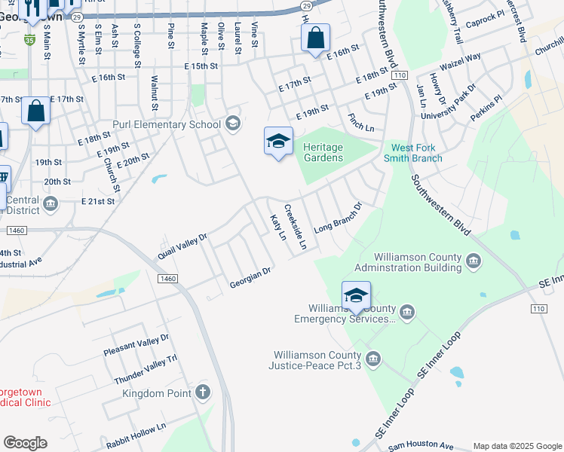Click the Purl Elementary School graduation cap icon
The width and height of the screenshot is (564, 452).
point(232,124)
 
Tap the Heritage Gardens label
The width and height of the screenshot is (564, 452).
point(323,152)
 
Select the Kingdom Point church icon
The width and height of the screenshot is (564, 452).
point(203,392)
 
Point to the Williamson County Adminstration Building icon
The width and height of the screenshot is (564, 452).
point(474,261)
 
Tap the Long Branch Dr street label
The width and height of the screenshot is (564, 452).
point(339,215)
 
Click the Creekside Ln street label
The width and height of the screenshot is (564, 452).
point(295,227)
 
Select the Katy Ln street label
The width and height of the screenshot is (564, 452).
point(278,228)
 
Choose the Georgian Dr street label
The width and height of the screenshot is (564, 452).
point(250,277)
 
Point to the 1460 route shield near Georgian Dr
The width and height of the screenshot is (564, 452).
point(168,279)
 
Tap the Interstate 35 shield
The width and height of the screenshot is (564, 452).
point(29,38)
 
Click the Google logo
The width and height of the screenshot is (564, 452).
point(25,443)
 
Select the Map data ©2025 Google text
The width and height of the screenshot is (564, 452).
point(516,446)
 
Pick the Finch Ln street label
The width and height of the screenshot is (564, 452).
point(361,124)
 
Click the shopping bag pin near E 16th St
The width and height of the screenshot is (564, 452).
point(315,38)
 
